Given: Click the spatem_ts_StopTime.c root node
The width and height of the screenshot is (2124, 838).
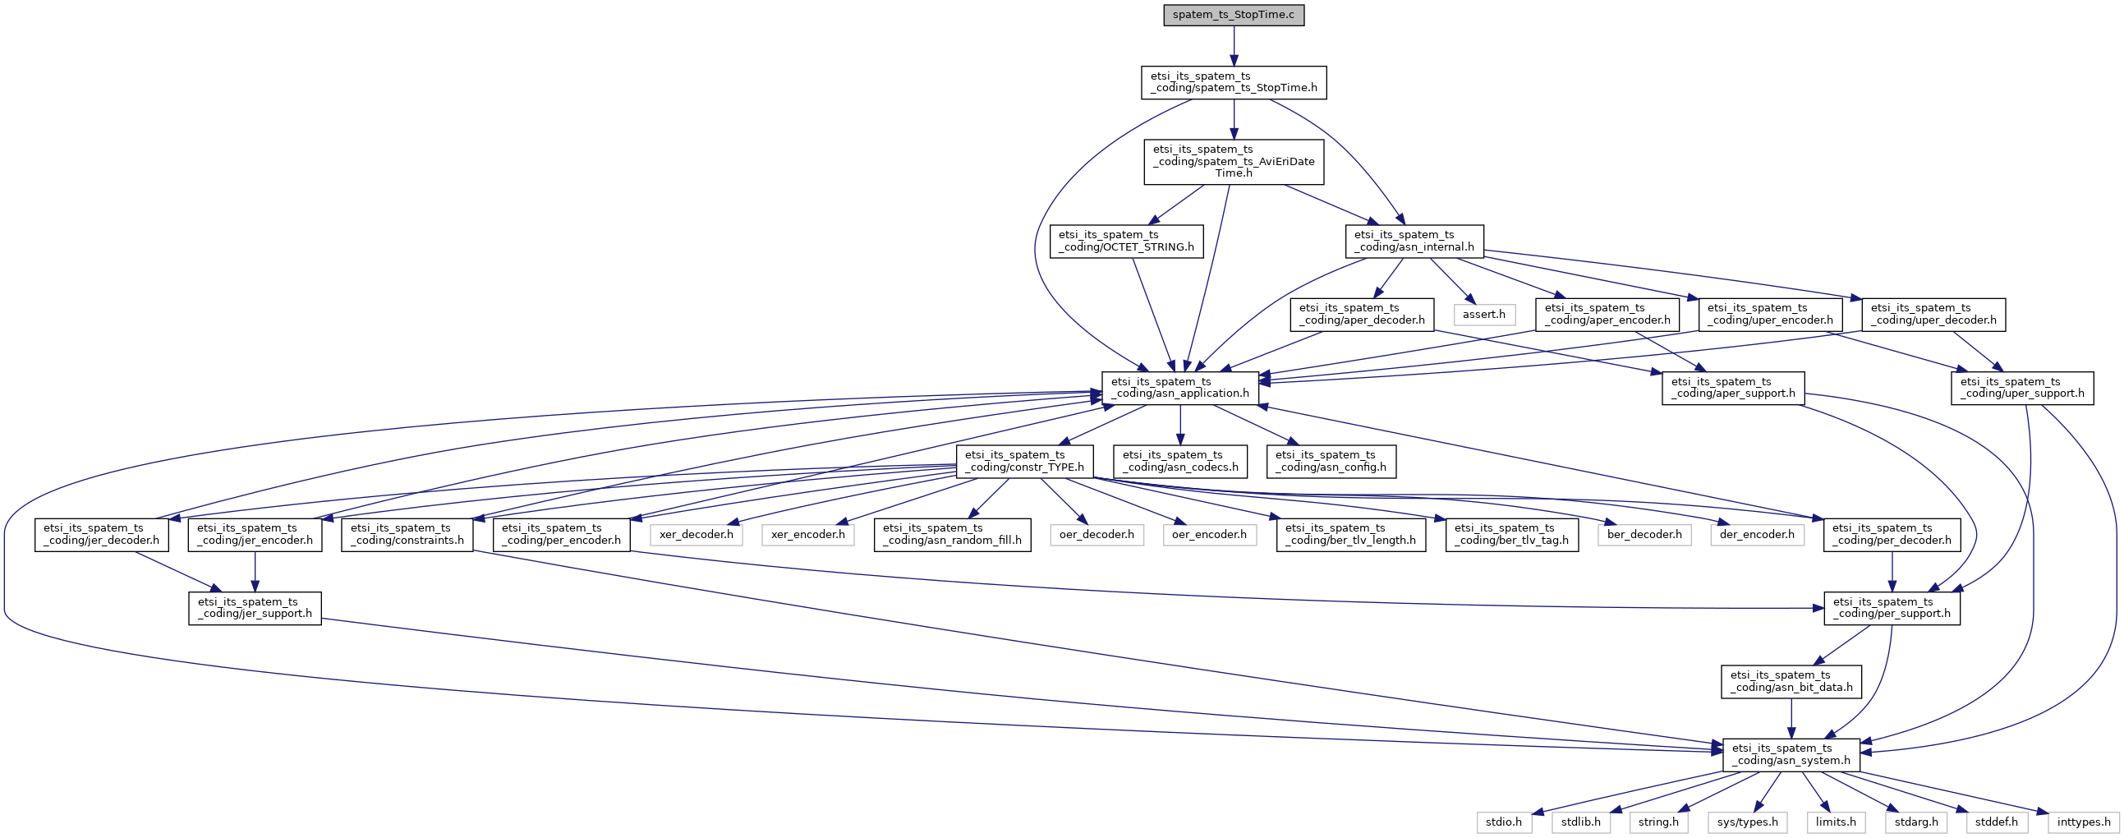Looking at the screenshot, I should coord(1234,15).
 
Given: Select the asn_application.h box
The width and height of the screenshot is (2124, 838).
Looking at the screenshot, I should coord(1180,388).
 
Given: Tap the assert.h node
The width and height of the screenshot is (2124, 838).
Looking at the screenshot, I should coord(1483,314).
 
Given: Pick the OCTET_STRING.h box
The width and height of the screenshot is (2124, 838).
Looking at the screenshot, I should coord(1126,241).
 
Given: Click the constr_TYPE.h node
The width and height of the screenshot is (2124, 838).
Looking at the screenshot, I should coord(1024,461).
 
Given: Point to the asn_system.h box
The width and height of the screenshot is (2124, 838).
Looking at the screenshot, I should coord(1791,755).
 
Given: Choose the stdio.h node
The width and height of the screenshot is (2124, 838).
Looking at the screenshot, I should coord(1504,822).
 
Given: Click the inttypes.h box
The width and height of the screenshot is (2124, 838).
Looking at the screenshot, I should coord(2084,822).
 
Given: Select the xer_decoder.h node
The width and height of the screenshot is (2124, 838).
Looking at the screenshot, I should coord(696,535).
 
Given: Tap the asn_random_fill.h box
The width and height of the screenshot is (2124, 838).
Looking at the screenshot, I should coord(952,535).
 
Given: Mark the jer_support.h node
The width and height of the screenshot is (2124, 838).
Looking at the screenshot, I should coord(255,608).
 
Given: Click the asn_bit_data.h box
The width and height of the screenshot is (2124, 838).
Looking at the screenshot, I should coord(1791,681).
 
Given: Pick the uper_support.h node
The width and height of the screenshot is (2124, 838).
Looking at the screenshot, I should coord(2022,388).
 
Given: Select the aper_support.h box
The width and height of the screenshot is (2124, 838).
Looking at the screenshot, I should coord(1733,388).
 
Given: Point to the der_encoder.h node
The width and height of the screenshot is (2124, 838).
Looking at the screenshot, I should coord(1757,535).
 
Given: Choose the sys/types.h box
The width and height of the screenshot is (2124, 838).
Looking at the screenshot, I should coord(1748,822).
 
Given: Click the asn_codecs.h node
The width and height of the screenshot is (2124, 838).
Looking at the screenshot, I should coord(1180,461).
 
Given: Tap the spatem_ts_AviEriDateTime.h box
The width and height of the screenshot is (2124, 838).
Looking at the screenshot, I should coord(1234,162).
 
